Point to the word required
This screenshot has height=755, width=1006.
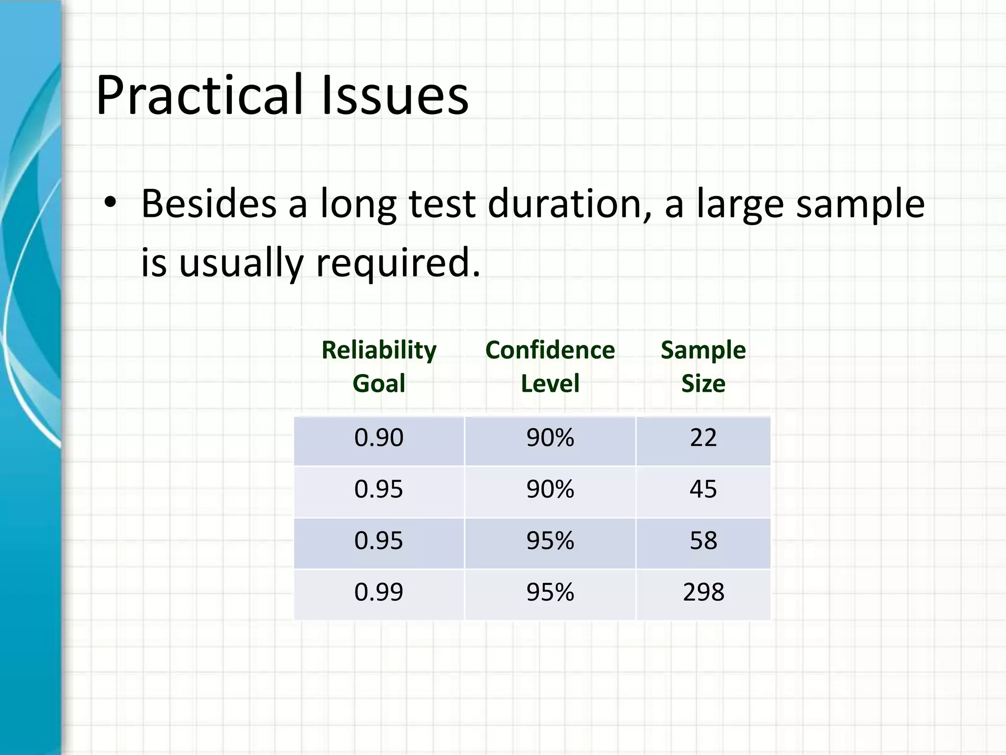click(x=397, y=262)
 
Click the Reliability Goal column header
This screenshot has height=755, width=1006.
click(x=379, y=366)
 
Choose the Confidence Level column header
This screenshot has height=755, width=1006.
click(x=550, y=366)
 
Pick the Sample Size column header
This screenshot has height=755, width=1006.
click(x=703, y=366)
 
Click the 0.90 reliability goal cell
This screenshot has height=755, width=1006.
click(x=379, y=437)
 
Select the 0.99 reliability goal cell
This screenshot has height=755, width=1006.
click(x=379, y=592)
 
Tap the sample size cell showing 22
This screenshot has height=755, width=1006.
click(x=703, y=437)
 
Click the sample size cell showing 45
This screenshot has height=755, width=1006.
click(x=703, y=489)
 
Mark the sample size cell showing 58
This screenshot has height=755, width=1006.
click(x=703, y=541)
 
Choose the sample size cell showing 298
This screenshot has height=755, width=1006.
click(x=703, y=592)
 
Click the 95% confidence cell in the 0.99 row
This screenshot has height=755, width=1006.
click(x=550, y=592)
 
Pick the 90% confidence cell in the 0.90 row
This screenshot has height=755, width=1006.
click(x=550, y=437)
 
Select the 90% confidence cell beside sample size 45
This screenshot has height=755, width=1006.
click(x=550, y=489)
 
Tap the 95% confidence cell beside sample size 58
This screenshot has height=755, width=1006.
click(x=550, y=541)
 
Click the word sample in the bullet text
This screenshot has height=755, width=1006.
click(x=860, y=203)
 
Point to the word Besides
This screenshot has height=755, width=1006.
click(x=209, y=203)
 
